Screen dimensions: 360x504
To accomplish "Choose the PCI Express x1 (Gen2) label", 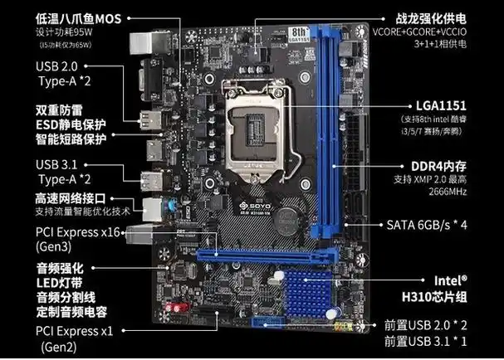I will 71,338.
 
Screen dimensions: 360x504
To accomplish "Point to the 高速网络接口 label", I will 71,199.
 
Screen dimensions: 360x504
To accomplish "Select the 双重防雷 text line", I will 65,108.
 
